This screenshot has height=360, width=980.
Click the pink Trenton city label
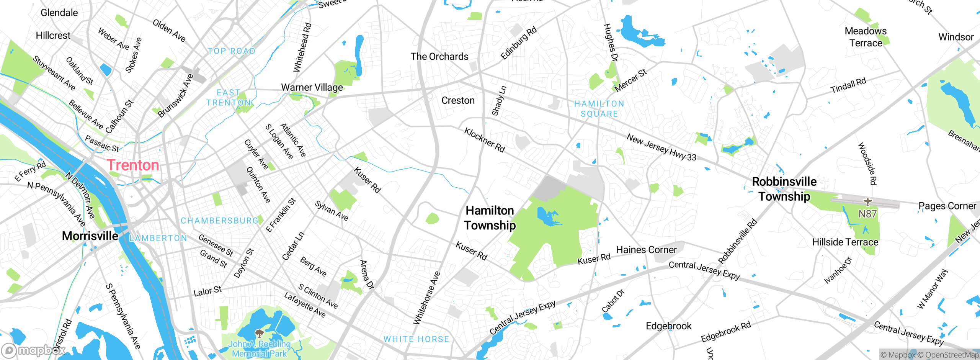133,165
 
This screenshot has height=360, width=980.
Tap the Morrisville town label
90,236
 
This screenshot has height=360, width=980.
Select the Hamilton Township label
490,218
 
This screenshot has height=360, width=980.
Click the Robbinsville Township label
784,189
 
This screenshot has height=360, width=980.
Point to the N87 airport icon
867,201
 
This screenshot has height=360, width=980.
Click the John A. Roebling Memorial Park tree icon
259,333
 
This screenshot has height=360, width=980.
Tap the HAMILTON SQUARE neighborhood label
599,109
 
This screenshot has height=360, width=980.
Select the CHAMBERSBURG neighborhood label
220,221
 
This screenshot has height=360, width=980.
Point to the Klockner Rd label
485,140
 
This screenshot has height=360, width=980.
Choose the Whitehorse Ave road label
427,298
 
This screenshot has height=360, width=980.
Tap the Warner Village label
312,87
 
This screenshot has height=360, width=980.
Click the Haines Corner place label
646,250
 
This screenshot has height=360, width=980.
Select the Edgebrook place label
668,326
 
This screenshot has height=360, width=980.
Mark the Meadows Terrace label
866,37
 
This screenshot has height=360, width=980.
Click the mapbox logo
33,350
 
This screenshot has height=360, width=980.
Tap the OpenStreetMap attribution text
948,355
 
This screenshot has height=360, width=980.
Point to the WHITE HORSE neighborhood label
416,339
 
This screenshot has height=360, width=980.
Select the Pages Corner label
947,206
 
